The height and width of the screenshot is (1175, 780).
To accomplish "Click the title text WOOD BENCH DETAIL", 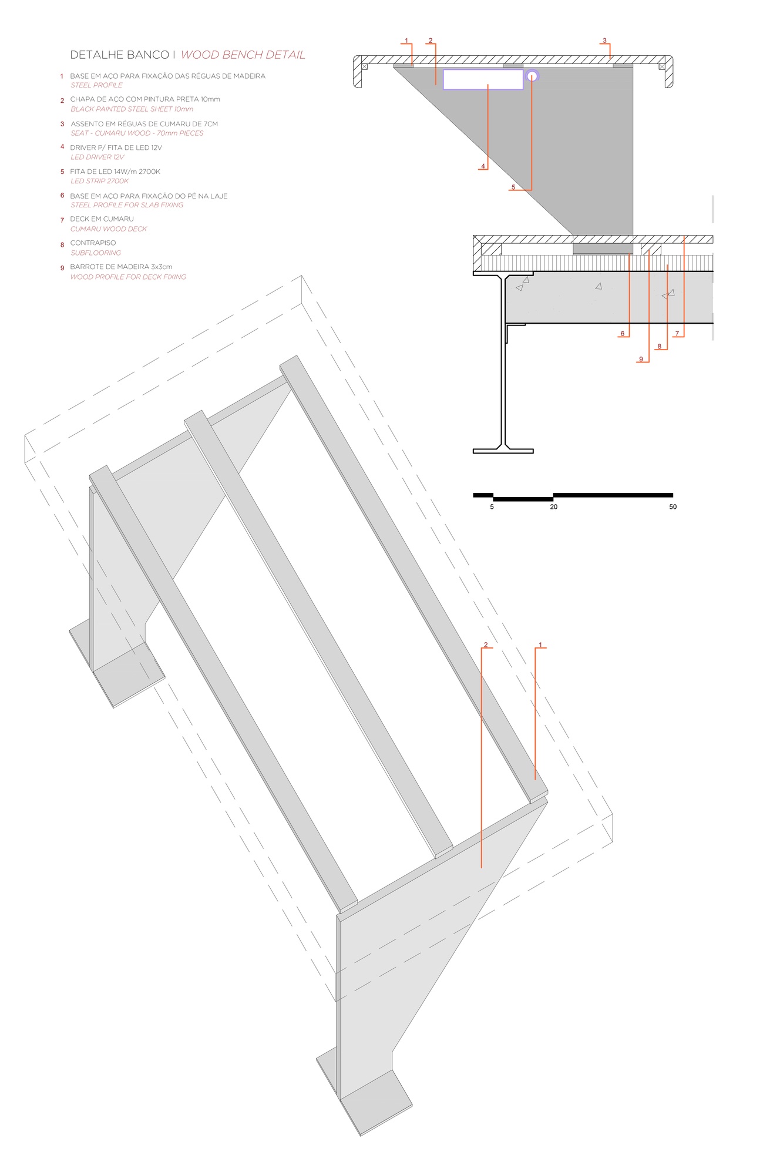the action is (x=243, y=55).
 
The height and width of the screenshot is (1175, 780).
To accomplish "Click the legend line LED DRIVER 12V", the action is (x=97, y=157).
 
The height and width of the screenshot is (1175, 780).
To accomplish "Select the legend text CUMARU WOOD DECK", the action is (x=109, y=229).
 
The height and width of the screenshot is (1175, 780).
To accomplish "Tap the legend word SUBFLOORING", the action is (x=96, y=253).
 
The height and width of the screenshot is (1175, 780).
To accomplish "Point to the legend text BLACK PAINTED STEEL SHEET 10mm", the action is (x=132, y=109).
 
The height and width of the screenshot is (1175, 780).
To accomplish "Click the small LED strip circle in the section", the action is (x=532, y=76).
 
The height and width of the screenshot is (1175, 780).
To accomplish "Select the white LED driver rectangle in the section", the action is (x=483, y=79).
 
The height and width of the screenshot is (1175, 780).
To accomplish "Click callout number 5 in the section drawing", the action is (x=513, y=187).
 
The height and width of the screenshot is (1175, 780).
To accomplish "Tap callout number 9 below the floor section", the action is (x=641, y=359).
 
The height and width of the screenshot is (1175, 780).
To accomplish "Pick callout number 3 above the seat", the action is (x=604, y=41).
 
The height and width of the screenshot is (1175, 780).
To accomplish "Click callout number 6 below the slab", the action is (x=623, y=334).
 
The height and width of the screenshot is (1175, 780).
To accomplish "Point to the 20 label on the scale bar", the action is (x=553, y=506).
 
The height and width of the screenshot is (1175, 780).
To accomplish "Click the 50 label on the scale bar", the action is (x=673, y=506).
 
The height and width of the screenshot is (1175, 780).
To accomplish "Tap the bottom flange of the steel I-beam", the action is (x=503, y=451).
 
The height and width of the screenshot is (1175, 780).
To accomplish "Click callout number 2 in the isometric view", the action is (x=486, y=644).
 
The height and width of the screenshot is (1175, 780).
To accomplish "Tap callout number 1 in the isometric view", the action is (x=540, y=644).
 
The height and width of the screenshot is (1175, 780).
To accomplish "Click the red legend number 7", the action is (x=62, y=220).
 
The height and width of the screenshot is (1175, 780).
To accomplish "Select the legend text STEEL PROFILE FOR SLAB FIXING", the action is (x=127, y=205).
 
